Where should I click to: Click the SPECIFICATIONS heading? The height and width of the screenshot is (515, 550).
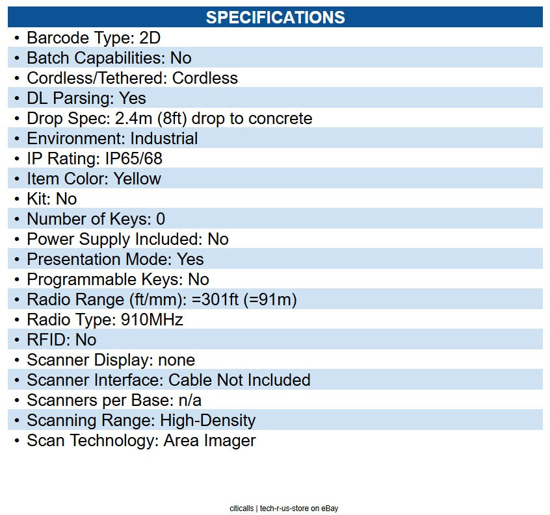pyautogui.click(x=276, y=17)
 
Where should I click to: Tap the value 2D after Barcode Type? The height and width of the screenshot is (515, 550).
pyautogui.click(x=150, y=38)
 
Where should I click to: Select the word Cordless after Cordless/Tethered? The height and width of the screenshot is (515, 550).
pyautogui.click(x=205, y=78)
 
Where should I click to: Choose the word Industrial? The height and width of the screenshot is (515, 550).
pyautogui.click(x=164, y=138)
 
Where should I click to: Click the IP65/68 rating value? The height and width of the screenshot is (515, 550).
pyautogui.click(x=134, y=158)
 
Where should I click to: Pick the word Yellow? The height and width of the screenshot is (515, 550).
pyautogui.click(x=137, y=179)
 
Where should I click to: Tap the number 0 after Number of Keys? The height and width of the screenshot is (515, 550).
pyautogui.click(x=161, y=219)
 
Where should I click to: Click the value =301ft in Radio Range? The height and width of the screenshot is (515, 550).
pyautogui.click(x=215, y=299)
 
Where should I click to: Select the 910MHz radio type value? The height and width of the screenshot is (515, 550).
pyautogui.click(x=152, y=320)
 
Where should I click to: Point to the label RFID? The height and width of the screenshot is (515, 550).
pyautogui.click(x=47, y=340)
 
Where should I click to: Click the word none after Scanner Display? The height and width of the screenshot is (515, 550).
pyautogui.click(x=176, y=360)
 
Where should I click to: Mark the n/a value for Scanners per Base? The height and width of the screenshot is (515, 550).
pyautogui.click(x=190, y=400)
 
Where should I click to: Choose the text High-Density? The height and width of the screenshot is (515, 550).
pyautogui.click(x=207, y=420)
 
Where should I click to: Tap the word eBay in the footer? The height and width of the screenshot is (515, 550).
pyautogui.click(x=330, y=509)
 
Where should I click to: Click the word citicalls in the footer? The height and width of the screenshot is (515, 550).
pyautogui.click(x=241, y=508)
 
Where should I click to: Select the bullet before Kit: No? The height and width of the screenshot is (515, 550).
pyautogui.click(x=17, y=199)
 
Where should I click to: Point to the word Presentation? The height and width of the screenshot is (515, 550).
pyautogui.click(x=73, y=259)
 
